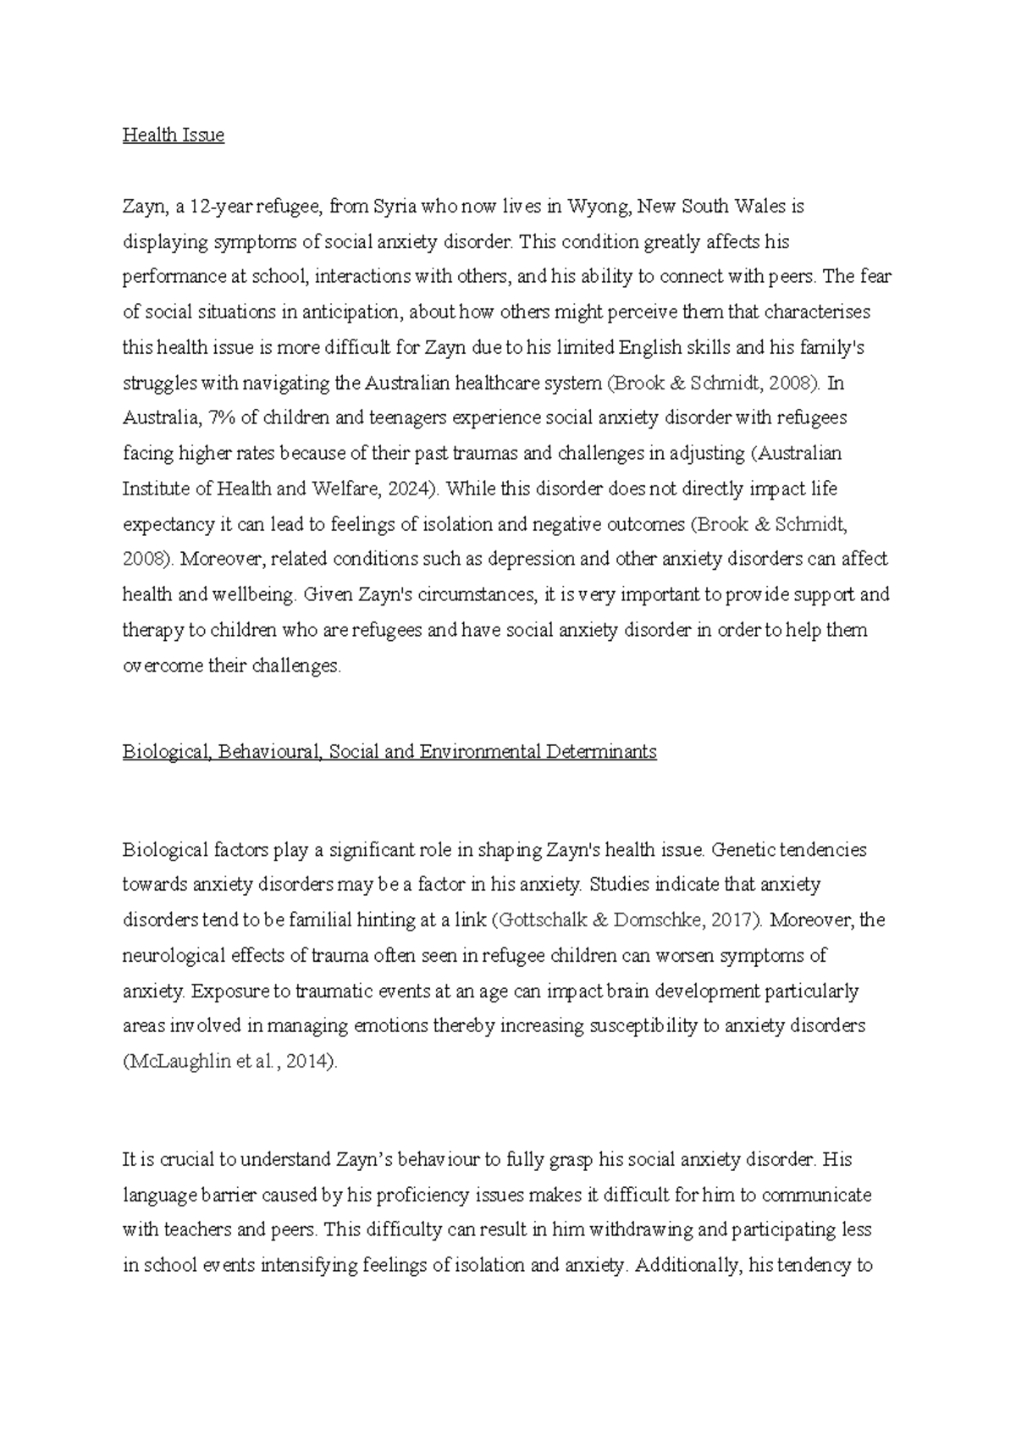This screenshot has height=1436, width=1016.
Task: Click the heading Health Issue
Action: (174, 135)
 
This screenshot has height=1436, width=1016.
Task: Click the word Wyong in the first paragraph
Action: (598, 206)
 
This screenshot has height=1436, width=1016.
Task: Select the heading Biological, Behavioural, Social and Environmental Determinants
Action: (389, 752)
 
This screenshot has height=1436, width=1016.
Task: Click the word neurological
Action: (171, 956)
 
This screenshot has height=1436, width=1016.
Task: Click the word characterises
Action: (817, 312)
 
